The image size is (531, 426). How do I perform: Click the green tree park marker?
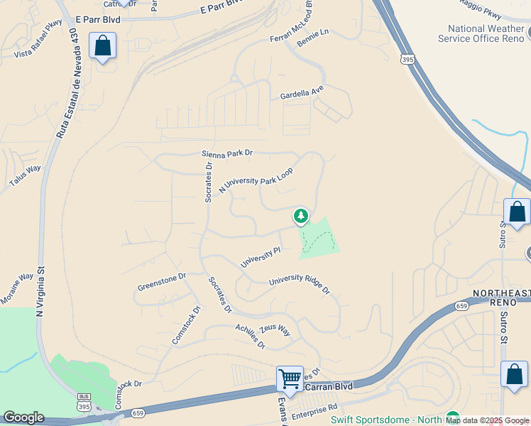click(301, 215)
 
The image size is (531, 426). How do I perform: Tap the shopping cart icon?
click(290, 378)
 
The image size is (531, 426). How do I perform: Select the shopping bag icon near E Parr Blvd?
click(103, 46)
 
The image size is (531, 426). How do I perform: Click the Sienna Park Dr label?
click(227, 153)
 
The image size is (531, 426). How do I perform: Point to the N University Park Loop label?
click(256, 180)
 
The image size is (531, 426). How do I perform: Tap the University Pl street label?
click(261, 257)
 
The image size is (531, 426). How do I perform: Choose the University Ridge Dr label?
click(299, 285)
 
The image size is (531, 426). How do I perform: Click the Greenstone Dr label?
click(162, 281)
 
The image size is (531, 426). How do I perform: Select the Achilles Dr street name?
click(250, 336)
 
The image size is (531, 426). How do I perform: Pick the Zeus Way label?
click(275, 330)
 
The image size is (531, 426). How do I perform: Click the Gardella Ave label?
click(301, 93)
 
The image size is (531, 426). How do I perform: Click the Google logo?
click(23, 417)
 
